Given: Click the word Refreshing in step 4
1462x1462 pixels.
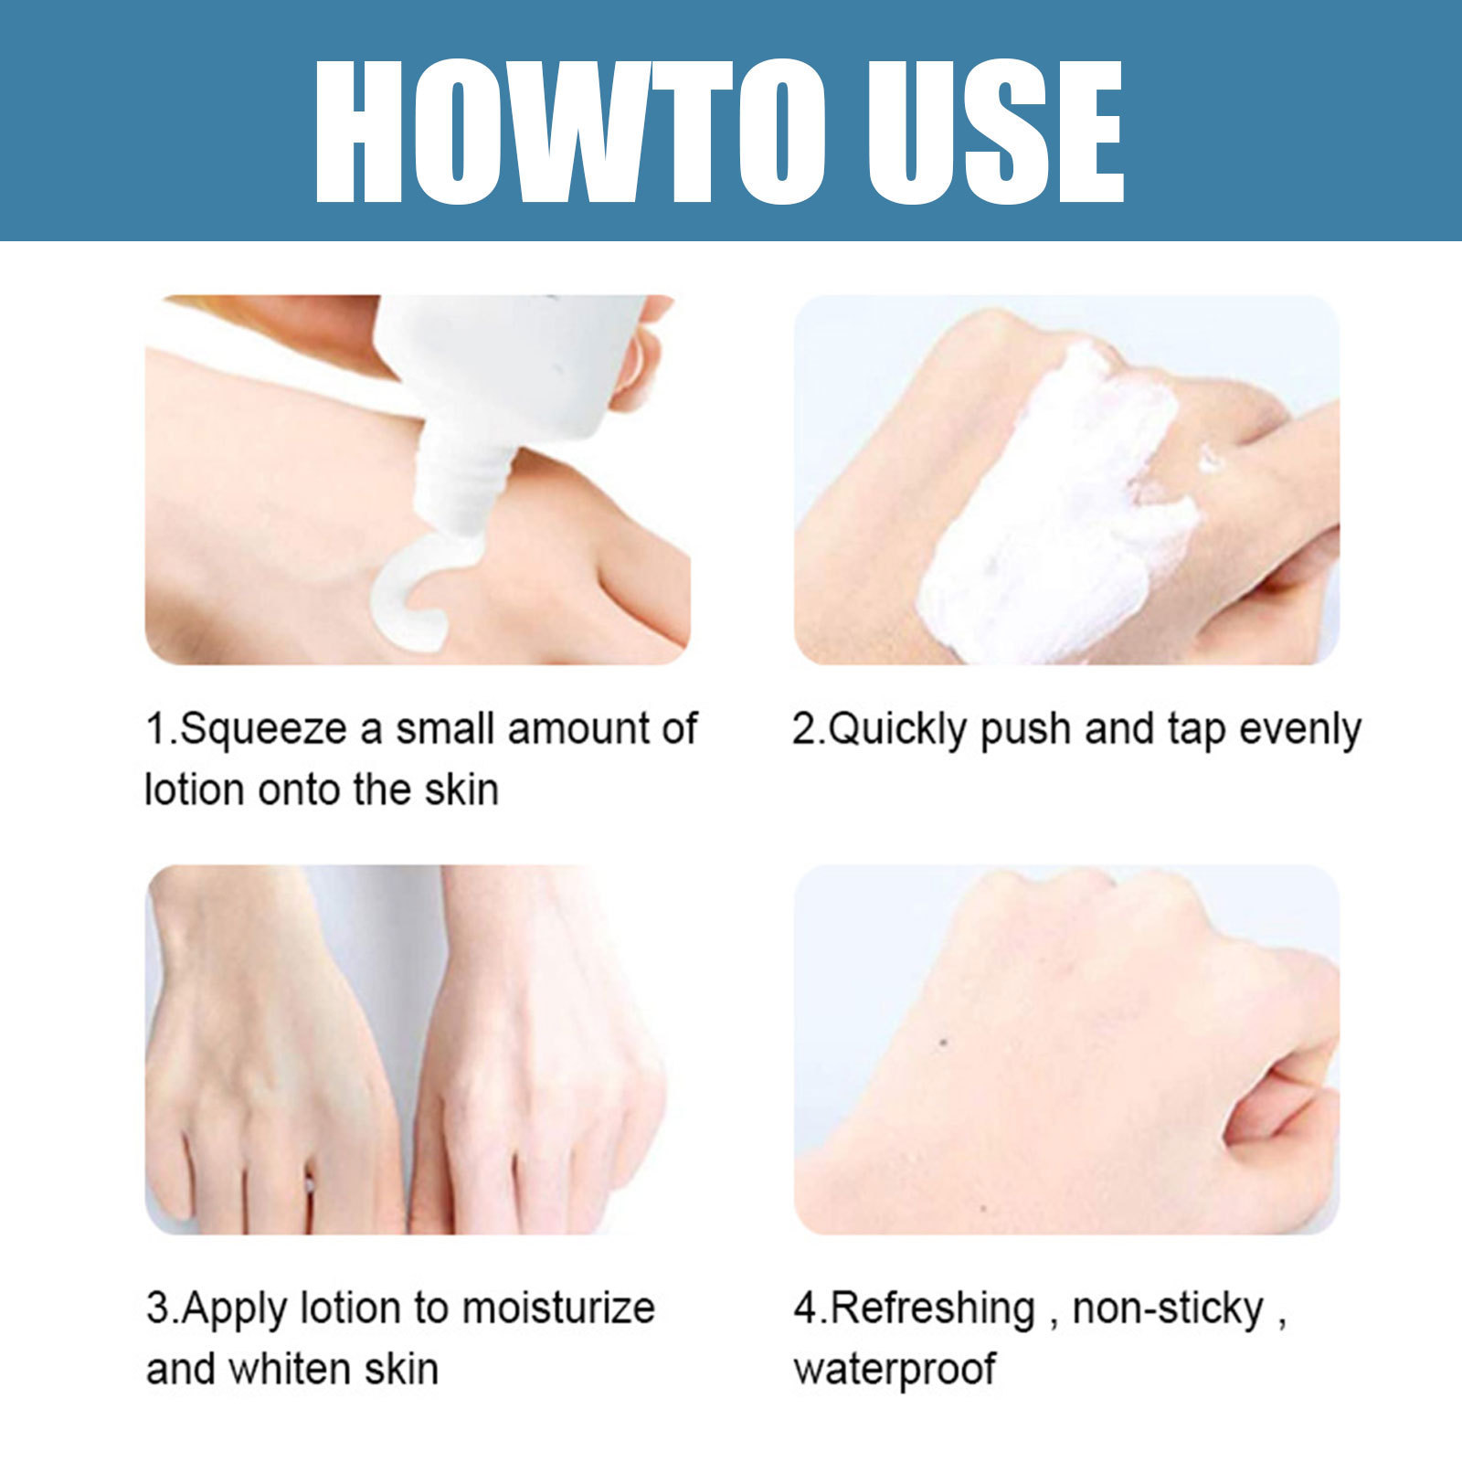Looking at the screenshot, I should (932, 1308).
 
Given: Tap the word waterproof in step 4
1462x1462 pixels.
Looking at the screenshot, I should (895, 1369).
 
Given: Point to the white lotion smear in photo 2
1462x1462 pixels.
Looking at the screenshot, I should (1051, 512).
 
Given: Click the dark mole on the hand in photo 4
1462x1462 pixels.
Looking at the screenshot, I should (942, 1042).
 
